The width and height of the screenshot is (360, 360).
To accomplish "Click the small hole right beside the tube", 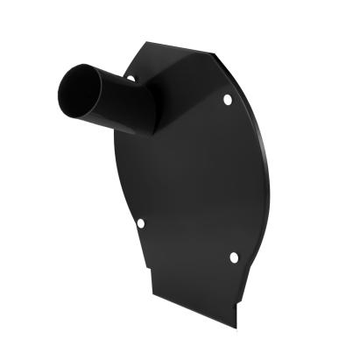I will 131,80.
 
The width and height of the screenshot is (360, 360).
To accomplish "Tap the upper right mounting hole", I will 228,100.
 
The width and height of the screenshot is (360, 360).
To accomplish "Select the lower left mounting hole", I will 140,223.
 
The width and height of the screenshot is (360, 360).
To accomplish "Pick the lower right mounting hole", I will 234,257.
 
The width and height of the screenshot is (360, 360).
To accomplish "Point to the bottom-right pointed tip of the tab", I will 236,327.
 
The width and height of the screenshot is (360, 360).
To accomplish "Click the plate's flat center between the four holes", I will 188,184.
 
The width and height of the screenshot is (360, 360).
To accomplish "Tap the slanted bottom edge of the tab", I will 193,311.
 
